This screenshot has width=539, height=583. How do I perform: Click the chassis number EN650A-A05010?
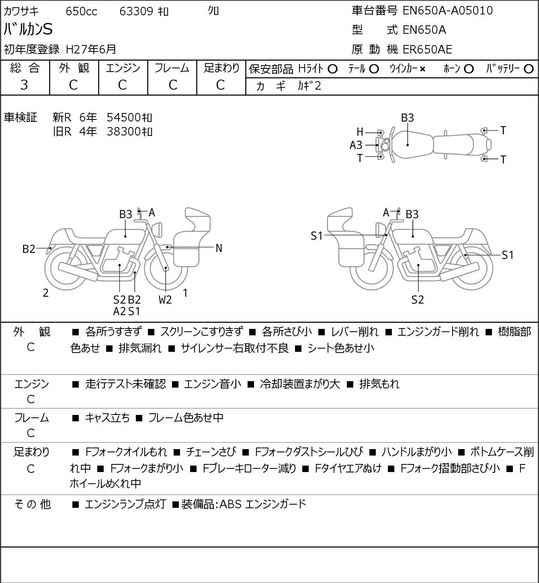point(447,10)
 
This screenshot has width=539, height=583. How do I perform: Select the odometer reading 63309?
point(136,11)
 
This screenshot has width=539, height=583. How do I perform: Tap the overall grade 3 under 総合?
point(24,85)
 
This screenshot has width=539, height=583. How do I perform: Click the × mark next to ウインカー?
point(422,69)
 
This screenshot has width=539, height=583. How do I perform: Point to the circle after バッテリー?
point(529,69)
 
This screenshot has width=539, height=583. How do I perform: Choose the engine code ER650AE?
point(427,49)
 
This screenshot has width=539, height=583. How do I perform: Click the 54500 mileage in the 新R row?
point(123,117)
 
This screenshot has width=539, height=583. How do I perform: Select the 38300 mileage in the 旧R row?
point(123,131)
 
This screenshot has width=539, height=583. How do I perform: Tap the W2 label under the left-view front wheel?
point(165,300)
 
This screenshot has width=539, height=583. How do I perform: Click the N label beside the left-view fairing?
point(219,248)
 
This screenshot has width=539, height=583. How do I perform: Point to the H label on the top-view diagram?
point(360,132)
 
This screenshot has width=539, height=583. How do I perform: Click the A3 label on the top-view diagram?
point(356,145)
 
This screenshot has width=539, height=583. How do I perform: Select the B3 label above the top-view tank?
point(408,118)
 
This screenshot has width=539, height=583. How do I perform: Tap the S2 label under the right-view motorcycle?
point(418,300)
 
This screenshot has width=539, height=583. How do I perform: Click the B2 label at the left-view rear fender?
point(29,249)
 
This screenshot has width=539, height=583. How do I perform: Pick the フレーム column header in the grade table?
point(172,68)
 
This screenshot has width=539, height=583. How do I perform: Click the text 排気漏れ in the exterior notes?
point(140,348)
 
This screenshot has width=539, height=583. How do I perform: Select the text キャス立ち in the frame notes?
point(107,418)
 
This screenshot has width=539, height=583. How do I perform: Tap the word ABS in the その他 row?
point(230,504)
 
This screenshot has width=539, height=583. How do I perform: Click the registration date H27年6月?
point(91,49)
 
